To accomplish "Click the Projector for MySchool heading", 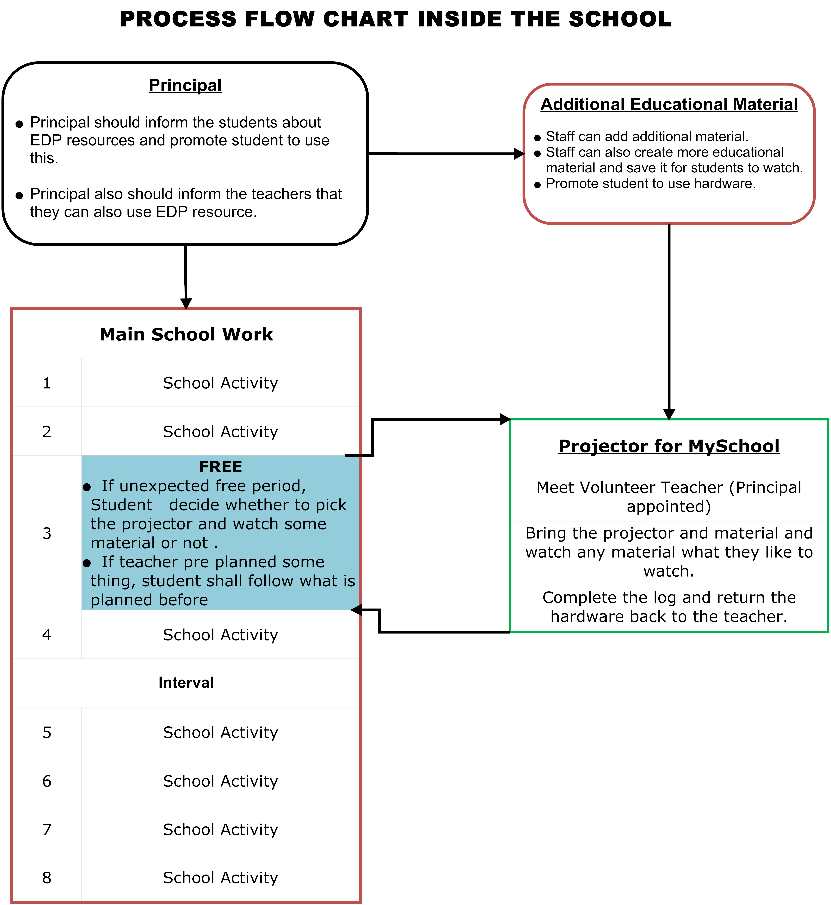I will (x=669, y=446).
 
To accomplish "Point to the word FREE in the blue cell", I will (x=220, y=467).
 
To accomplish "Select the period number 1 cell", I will (x=47, y=383).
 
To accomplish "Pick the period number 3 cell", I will (x=47, y=533).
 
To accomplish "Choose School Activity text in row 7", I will (x=220, y=829).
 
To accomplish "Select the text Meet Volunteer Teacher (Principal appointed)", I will (x=669, y=497).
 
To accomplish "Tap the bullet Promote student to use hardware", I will (x=650, y=184).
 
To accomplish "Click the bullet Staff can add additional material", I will (x=647, y=136).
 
